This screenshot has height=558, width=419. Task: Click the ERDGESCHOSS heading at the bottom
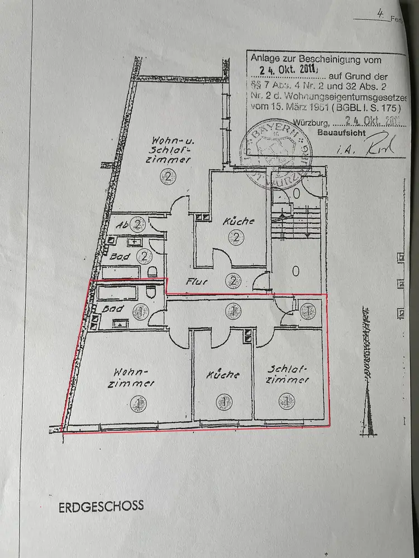pyautogui.click(x=101, y=506)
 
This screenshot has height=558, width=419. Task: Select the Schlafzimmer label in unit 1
pyautogui.click(x=287, y=374)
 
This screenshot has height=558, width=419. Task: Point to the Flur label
pyautogui.click(x=199, y=282)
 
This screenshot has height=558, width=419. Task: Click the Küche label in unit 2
pyautogui.click(x=239, y=221)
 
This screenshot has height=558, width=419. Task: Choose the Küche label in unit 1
pyautogui.click(x=222, y=374)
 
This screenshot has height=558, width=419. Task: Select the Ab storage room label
pyautogui.click(x=122, y=225)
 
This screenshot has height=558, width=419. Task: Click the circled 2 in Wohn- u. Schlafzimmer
pyautogui.click(x=169, y=176)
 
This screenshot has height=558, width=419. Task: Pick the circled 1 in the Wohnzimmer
pyautogui.click(x=137, y=402)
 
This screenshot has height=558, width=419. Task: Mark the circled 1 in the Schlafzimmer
pyautogui.click(x=287, y=400)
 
